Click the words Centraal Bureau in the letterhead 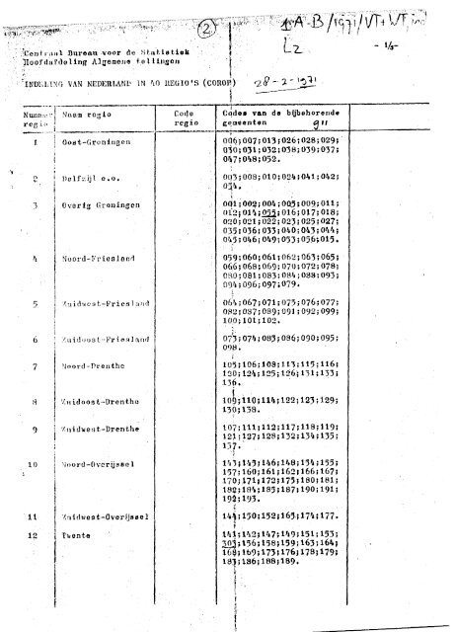[x=61, y=49]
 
